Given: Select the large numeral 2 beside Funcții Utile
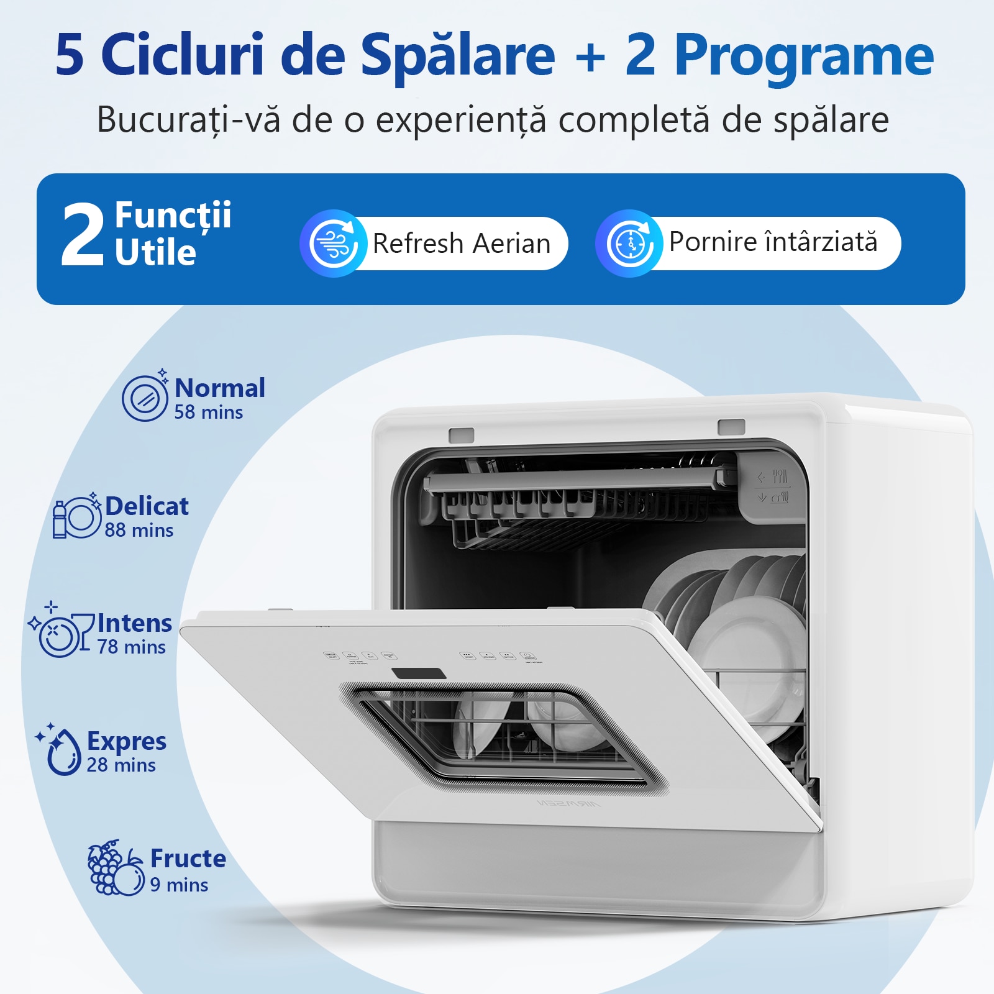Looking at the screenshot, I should (x=82, y=237).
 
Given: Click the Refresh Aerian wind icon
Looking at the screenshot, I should (x=334, y=244).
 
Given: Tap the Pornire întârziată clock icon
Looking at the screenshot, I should (x=630, y=244).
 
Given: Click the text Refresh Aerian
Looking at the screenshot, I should (x=461, y=244).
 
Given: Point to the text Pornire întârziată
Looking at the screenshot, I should (x=773, y=242).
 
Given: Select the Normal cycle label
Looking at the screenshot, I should (x=220, y=388).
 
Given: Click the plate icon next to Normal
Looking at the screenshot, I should (x=145, y=398).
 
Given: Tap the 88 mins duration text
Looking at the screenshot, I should (x=139, y=531).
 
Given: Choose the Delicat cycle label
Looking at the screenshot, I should (x=147, y=506).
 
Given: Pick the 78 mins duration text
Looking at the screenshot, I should (x=132, y=647).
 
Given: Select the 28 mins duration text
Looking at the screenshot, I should (x=121, y=765).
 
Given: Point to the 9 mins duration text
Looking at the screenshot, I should (x=179, y=885).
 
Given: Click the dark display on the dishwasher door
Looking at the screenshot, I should (x=419, y=674).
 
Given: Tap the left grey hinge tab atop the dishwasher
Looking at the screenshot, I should (x=462, y=435).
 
